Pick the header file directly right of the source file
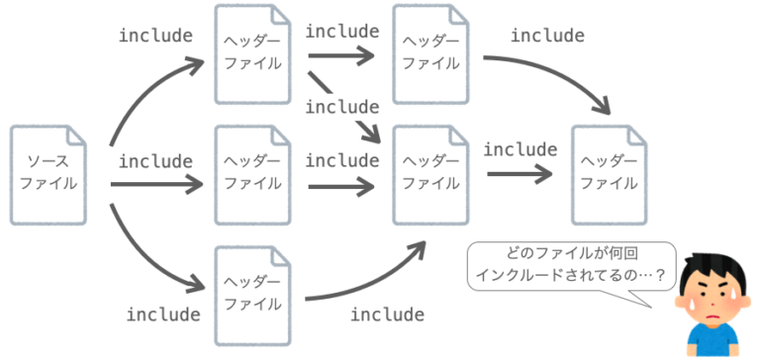(252, 173)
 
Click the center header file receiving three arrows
(430, 173)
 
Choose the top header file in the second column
(252, 53)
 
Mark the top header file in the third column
(430, 53)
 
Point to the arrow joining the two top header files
(341, 54)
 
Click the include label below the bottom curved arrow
(388, 315)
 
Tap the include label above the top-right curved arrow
(547, 36)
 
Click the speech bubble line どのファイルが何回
(571, 255)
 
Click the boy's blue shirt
(711, 344)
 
